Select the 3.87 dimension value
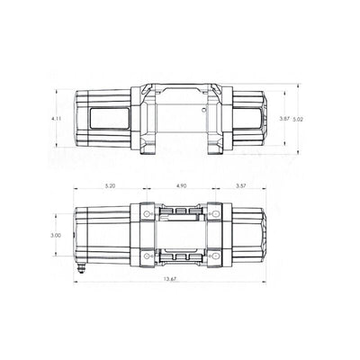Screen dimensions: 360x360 pos(283,118)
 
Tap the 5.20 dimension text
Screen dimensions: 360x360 pos(110,186)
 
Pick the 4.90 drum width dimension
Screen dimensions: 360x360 pos(180,186)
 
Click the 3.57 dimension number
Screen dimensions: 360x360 pos(240,186)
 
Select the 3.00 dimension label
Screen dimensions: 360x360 pos(57,236)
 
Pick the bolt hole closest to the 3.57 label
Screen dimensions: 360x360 pos(217,213)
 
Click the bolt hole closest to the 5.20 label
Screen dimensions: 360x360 pos(144,213)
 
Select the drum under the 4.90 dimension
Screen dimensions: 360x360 pos(180,235)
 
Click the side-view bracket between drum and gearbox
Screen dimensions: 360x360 pos(220,117)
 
